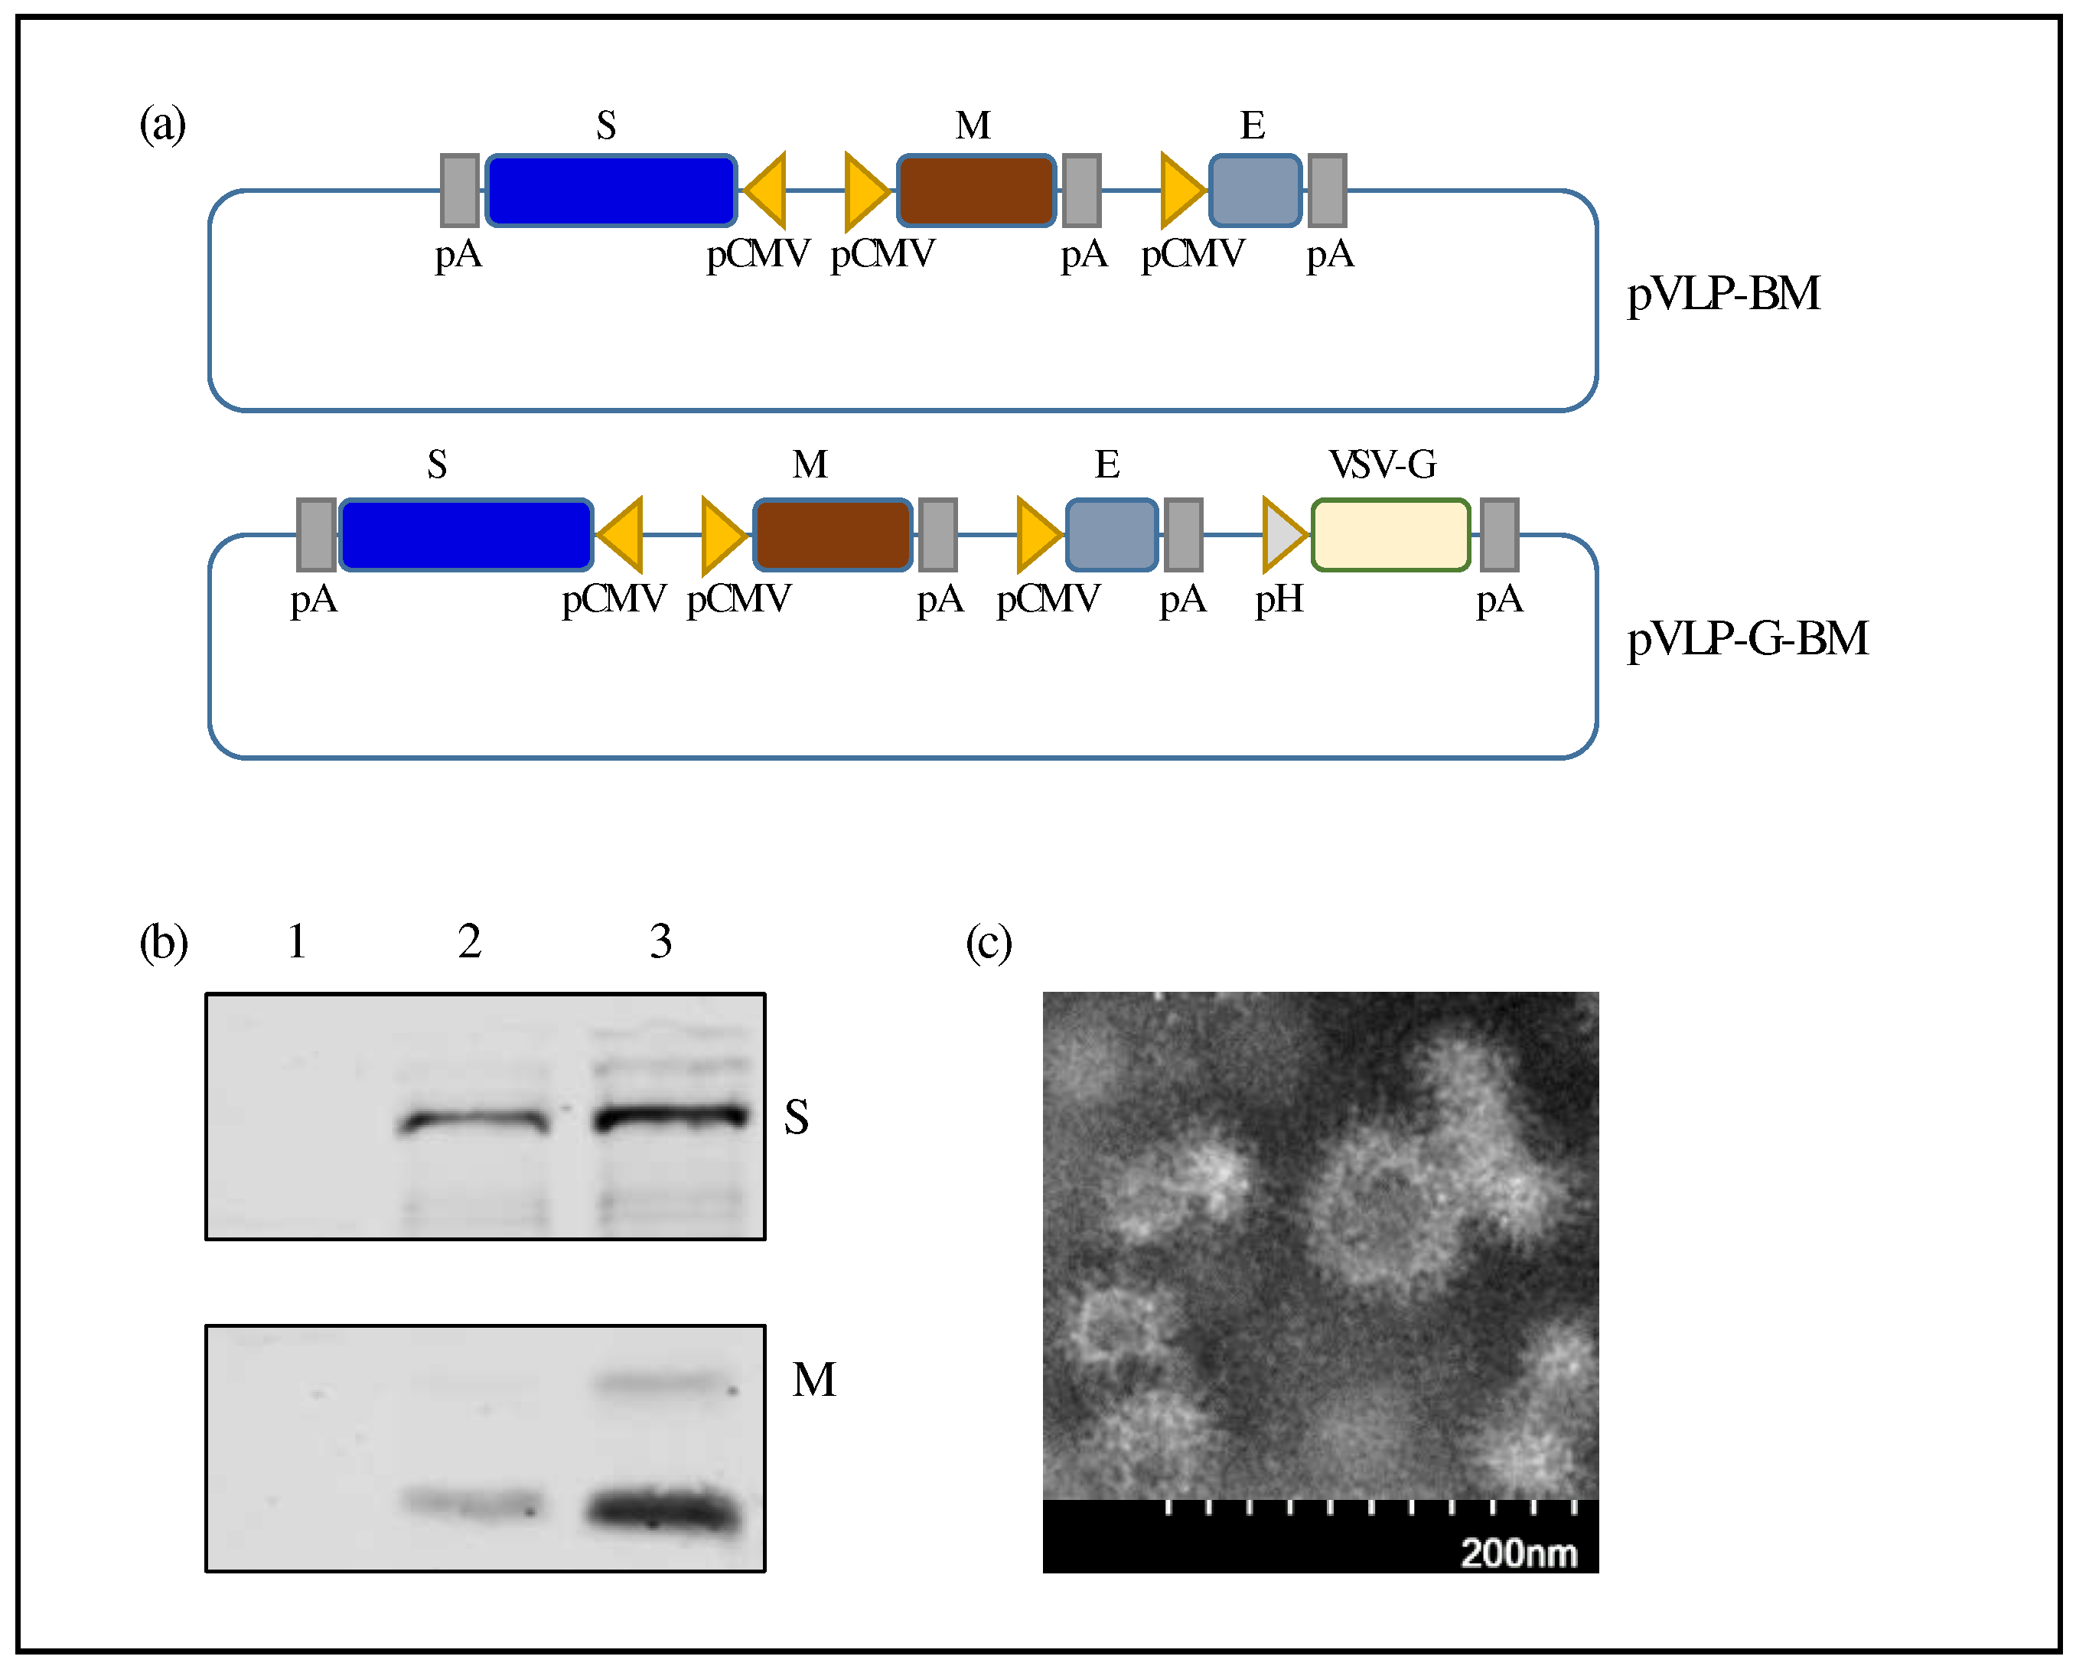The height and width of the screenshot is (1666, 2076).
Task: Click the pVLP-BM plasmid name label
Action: pyautogui.click(x=1722, y=294)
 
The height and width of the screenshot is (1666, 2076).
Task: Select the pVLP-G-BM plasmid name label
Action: pyautogui.click(x=1747, y=638)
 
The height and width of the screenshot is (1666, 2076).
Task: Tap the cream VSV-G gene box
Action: pyautogui.click(x=1390, y=534)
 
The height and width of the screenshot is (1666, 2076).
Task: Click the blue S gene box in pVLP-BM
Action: pyautogui.click(x=611, y=191)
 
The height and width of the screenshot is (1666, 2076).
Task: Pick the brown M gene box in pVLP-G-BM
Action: pyautogui.click(x=832, y=534)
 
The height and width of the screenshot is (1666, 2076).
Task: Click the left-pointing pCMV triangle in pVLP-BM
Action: pyautogui.click(x=768, y=191)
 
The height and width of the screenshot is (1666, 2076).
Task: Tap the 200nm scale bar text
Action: pyautogui.click(x=1517, y=1554)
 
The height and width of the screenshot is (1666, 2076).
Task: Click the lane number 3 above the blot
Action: pyautogui.click(x=660, y=941)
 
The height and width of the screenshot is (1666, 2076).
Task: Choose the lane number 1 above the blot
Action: pyautogui.click(x=297, y=941)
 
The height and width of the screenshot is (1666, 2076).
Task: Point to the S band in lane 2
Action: pyautogui.click(x=474, y=1122)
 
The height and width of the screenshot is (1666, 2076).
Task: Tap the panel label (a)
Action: pyautogui.click(x=161, y=124)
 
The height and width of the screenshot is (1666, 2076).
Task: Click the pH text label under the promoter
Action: pyautogui.click(x=1279, y=599)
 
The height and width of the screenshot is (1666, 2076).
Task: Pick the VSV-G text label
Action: pyautogui.click(x=1383, y=465)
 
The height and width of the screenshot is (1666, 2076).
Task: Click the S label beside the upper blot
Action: pyautogui.click(x=795, y=1117)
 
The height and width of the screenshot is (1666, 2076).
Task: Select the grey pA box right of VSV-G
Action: pyautogui.click(x=1498, y=534)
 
